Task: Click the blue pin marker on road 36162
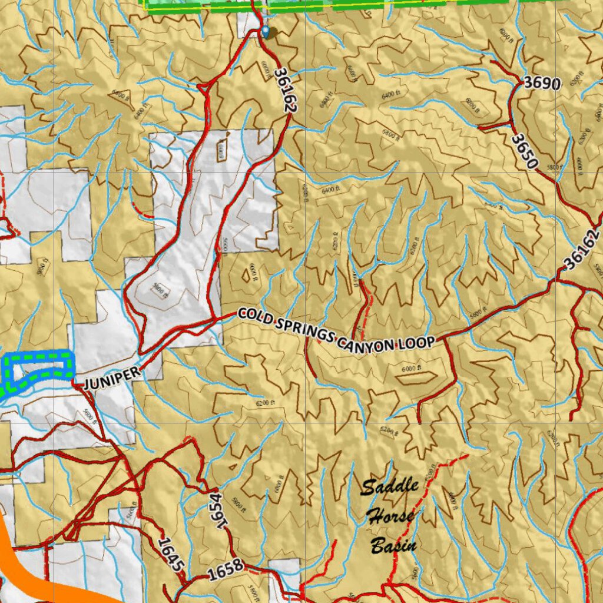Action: [x=266, y=31]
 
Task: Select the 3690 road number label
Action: [x=542, y=83]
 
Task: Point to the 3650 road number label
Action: [x=524, y=151]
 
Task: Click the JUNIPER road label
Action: [x=112, y=378]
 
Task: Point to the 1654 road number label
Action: [x=217, y=510]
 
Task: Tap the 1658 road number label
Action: [x=226, y=568]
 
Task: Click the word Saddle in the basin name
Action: [x=389, y=486]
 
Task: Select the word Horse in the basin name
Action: [x=390, y=516]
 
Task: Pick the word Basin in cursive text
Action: [x=393, y=545]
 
